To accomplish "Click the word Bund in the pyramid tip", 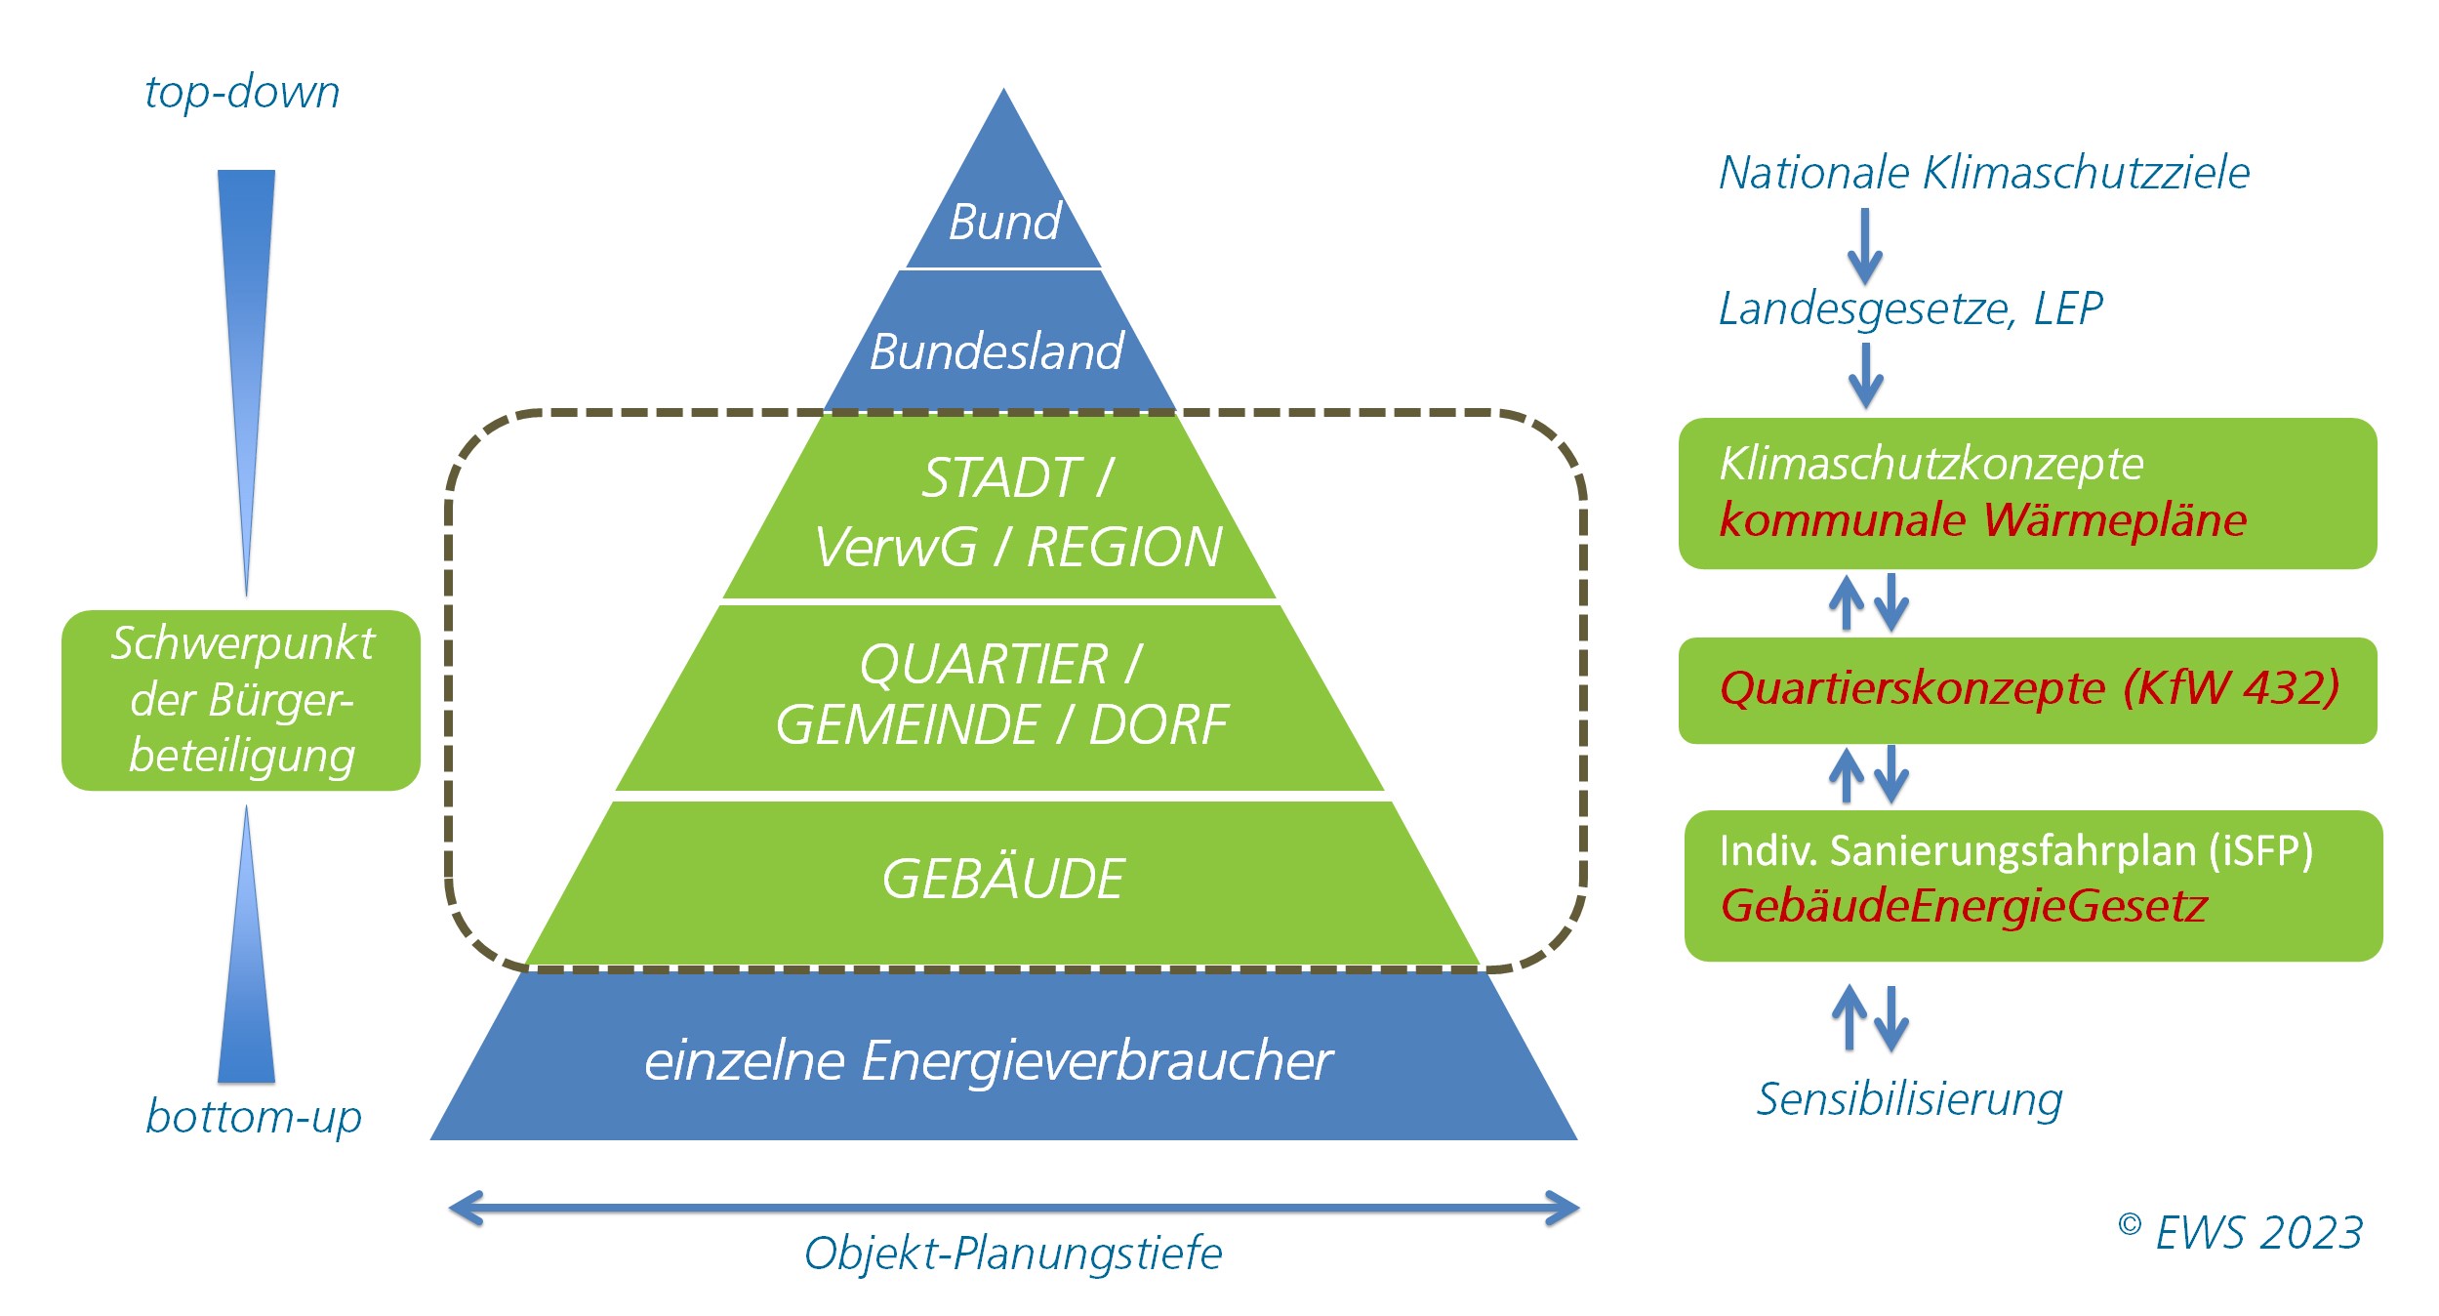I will pyautogui.click(x=1004, y=223).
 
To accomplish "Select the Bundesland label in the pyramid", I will pyautogui.click(x=996, y=351).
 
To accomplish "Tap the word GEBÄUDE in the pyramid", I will pyautogui.click(x=1002, y=879).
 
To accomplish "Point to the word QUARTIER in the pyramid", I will pyautogui.click(x=983, y=665).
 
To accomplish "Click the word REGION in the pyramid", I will pyautogui.click(x=1124, y=547).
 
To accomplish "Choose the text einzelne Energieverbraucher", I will pyautogui.click(x=988, y=1060).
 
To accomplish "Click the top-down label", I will pyautogui.click(x=242, y=93).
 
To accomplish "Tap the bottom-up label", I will pyautogui.click(x=254, y=1116).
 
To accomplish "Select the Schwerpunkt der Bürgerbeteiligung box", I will pyautogui.click(x=241, y=700).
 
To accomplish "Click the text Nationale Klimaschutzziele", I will pyautogui.click(x=1983, y=173).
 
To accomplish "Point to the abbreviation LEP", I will pyautogui.click(x=2067, y=308).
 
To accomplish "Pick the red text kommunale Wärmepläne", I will pyautogui.click(x=1982, y=519).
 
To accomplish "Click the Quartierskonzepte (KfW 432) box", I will pyautogui.click(x=2027, y=689).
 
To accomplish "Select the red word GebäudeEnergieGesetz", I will pyautogui.click(x=1963, y=906).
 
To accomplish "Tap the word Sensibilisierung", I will pyautogui.click(x=1909, y=1099).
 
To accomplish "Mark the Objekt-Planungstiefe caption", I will pyautogui.click(x=1012, y=1254).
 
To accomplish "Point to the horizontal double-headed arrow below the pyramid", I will pyautogui.click(x=1012, y=1209).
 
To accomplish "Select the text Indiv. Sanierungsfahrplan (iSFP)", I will pyautogui.click(x=2015, y=851).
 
